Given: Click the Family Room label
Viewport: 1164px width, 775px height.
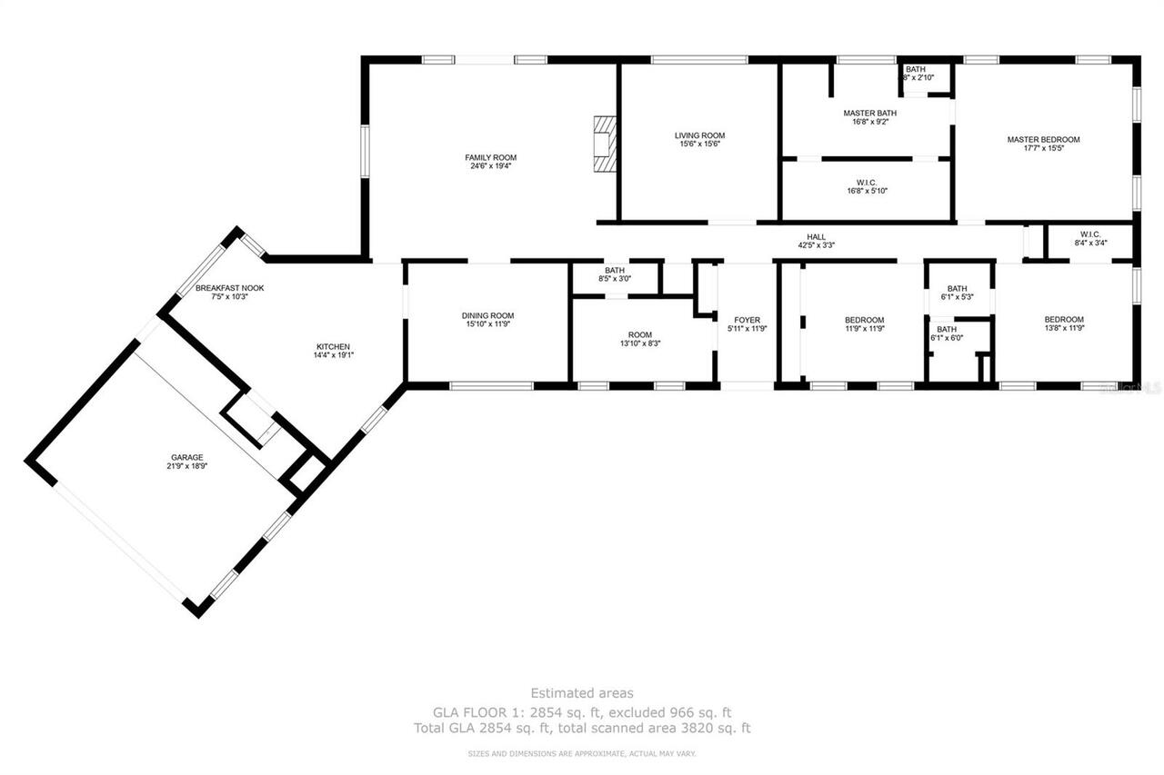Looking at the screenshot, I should click(490, 157).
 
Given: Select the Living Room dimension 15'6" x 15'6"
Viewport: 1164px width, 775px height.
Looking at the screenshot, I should click(699, 144).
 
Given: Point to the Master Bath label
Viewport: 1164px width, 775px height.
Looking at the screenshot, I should click(869, 113).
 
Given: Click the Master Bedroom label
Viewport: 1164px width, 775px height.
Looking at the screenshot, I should click(1043, 139).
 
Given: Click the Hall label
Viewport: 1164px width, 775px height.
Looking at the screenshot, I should click(816, 236).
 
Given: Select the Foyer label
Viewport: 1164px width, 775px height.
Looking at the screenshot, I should click(747, 319).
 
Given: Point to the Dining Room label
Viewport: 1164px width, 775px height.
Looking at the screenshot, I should click(488, 315).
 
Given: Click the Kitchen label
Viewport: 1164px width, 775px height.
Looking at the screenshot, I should click(332, 346).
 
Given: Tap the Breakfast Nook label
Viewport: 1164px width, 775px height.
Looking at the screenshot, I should click(229, 288).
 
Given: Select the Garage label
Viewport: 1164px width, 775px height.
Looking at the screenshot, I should click(186, 457).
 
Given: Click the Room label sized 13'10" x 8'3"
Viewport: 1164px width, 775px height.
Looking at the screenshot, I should click(639, 334).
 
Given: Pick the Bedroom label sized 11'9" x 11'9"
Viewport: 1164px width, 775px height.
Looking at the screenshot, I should click(864, 319).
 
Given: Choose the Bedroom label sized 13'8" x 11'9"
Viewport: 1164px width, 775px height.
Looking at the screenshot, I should click(1063, 319).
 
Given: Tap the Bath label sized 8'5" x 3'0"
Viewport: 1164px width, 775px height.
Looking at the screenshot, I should click(615, 270).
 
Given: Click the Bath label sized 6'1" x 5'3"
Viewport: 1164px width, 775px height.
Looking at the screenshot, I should click(957, 288).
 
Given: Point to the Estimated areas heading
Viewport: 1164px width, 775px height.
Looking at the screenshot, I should click(582, 693).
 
